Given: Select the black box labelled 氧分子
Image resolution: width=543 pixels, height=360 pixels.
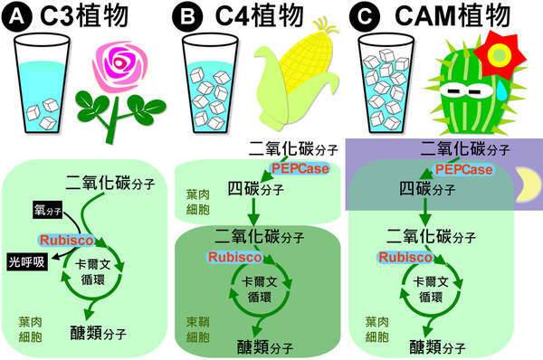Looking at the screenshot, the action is click(42, 212).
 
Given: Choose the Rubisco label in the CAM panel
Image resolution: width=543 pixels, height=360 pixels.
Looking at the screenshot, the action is click(403, 257).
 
